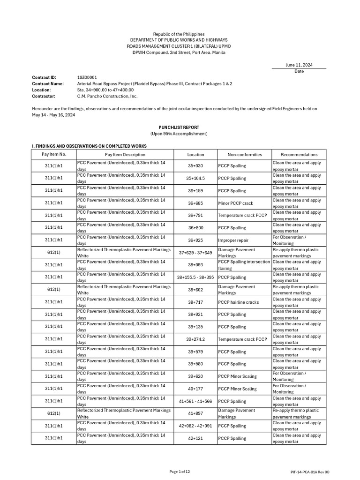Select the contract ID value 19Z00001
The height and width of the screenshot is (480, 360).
tap(87, 77)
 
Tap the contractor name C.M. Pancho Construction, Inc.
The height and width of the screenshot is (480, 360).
tap(107, 96)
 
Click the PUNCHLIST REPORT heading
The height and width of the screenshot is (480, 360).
tap(180, 127)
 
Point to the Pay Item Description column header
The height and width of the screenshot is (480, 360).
tap(125, 154)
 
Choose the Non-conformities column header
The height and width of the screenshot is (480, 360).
tap(244, 154)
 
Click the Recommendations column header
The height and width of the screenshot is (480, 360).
tap(299, 154)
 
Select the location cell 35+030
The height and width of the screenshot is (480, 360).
tap(195, 166)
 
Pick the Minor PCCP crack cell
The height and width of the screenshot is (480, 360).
tap(235, 203)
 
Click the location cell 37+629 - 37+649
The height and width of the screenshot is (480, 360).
tap(195, 253)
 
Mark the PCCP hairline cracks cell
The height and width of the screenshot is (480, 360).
tap(238, 302)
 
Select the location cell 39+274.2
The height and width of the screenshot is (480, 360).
tap(195, 339)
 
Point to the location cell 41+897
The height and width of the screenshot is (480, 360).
tap(195, 413)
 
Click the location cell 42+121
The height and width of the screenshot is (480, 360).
tap(195, 438)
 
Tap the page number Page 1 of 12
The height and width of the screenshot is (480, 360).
tap(180, 471)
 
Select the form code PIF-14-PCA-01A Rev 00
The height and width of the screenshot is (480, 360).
tap(310, 472)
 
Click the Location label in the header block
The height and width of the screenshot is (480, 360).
tap(41, 90)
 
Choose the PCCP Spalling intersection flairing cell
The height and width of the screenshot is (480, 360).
tap(244, 265)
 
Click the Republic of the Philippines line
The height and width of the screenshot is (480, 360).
tap(180, 34)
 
